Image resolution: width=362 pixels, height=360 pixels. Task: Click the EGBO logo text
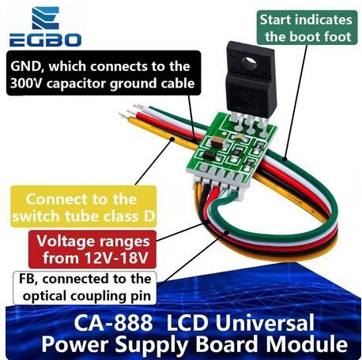coord(45,40)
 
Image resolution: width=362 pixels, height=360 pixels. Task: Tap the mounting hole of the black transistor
coord(249,62)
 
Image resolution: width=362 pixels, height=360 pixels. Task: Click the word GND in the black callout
coord(25,66)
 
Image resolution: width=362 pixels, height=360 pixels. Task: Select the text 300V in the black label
coord(26,84)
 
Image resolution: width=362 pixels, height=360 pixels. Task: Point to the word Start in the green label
coord(275,20)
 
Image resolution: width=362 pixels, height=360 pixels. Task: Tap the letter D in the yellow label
coord(149,216)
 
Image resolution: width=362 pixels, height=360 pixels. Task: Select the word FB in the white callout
coord(26,279)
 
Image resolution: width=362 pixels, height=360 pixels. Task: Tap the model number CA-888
coord(113,323)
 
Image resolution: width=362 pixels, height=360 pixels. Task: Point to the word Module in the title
coord(307,343)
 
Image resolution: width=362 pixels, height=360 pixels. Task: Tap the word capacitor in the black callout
coord(76,84)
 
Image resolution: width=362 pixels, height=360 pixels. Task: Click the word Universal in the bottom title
coord(265,323)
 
